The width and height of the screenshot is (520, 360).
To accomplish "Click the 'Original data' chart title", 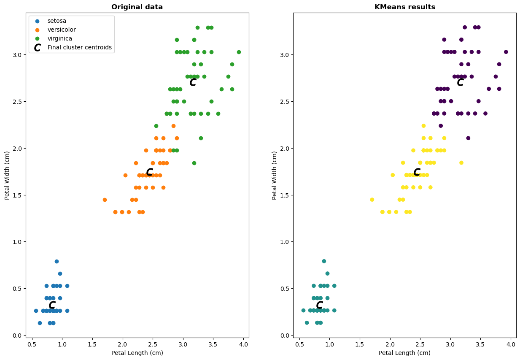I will point(137,7).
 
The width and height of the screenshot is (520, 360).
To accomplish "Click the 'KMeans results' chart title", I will point(404,7).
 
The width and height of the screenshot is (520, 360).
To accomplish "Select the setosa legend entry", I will point(57,21).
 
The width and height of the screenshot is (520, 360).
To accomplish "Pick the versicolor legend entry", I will point(62,30).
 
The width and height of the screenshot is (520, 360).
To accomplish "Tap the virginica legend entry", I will point(60,38).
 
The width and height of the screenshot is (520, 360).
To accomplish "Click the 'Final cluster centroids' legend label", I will point(80,47).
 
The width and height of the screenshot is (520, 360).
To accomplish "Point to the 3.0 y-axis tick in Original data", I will point(19,55).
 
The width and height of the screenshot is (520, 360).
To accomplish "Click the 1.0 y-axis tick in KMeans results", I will point(286,242).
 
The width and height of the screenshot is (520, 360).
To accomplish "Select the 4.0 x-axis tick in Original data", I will point(243,344).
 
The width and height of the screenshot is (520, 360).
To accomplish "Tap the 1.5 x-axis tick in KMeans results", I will point(360,344).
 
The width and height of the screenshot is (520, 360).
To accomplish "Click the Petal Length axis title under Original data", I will point(137,353).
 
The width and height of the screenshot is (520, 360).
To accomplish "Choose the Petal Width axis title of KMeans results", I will point(275,175).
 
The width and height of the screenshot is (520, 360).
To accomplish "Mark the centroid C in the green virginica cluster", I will point(193,82).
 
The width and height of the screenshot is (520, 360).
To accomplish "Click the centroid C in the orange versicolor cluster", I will point(149,172).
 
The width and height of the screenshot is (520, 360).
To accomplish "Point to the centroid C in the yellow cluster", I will point(417,172).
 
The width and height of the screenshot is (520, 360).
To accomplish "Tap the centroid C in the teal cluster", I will point(319,305).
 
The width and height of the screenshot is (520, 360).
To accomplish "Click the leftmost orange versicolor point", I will point(105,200).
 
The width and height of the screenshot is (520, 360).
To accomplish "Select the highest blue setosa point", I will point(57,261).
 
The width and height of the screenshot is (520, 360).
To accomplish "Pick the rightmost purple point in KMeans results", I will point(506,52).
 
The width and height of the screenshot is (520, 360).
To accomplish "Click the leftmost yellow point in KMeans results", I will point(372,200).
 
